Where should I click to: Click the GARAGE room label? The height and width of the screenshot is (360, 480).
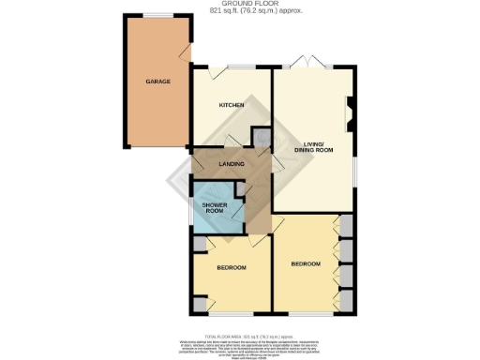tap(157, 82)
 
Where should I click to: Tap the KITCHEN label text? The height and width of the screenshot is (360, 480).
tap(232, 105)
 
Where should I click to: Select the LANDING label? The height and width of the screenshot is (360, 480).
tap(232, 165)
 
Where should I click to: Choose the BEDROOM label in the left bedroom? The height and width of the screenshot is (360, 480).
tap(231, 268)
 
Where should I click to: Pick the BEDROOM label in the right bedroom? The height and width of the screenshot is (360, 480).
tap(306, 263)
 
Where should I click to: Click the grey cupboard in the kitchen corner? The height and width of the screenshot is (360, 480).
tap(260, 139)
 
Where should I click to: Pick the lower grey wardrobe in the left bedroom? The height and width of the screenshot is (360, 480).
tap(200, 304)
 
